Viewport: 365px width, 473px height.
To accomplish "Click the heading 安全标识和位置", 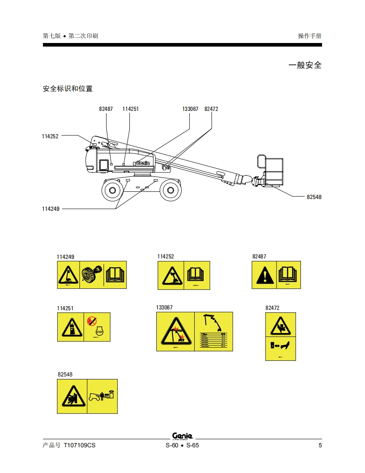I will [x=67, y=89].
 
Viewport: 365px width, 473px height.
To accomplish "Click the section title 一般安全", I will [x=305, y=65].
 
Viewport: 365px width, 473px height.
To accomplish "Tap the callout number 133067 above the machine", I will [x=190, y=109].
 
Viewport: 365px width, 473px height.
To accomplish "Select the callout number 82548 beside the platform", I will [x=314, y=197].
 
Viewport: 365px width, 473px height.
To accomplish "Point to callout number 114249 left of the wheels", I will [x=51, y=209].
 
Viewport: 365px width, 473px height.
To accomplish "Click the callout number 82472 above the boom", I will [x=211, y=109].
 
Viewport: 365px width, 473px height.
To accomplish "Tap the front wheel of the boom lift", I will [x=171, y=191].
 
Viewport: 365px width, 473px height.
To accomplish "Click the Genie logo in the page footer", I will [x=182, y=436].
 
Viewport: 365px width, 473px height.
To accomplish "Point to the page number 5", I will [x=320, y=446].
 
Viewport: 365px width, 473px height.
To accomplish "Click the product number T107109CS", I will [x=79, y=446].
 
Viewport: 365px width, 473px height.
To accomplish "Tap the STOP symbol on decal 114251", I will [x=99, y=332].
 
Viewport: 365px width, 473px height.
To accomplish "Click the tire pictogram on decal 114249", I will [x=92, y=274].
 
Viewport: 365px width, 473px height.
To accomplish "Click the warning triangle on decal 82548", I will [x=72, y=396].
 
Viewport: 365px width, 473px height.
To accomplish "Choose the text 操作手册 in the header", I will [x=310, y=36].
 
